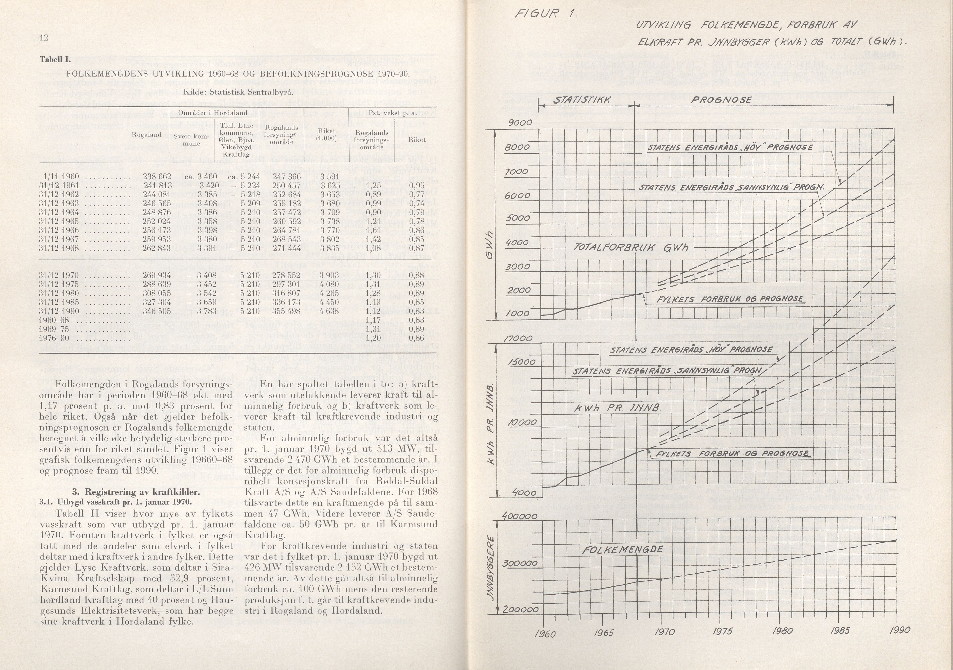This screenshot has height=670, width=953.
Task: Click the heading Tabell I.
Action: [x=55, y=59]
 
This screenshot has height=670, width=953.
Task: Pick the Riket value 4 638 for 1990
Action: [x=329, y=311]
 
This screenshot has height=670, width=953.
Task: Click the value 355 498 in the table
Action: [x=286, y=311]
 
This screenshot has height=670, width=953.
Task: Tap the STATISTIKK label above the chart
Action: [x=582, y=100]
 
